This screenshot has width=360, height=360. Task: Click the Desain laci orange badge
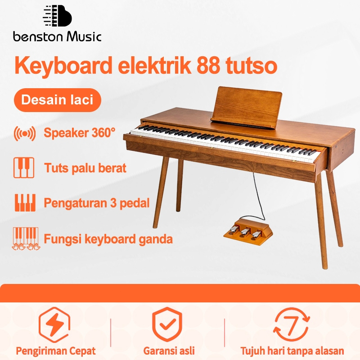point(57,99)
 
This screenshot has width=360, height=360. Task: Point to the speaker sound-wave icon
point(25,133)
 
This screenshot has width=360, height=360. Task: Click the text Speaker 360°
point(80,133)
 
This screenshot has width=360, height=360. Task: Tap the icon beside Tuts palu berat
point(24,168)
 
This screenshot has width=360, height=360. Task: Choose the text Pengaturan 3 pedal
point(96,202)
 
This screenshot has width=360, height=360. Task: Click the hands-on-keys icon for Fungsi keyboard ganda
point(24,238)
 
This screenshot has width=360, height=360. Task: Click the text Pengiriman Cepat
point(56,351)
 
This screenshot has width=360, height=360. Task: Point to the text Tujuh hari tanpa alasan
point(292,351)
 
